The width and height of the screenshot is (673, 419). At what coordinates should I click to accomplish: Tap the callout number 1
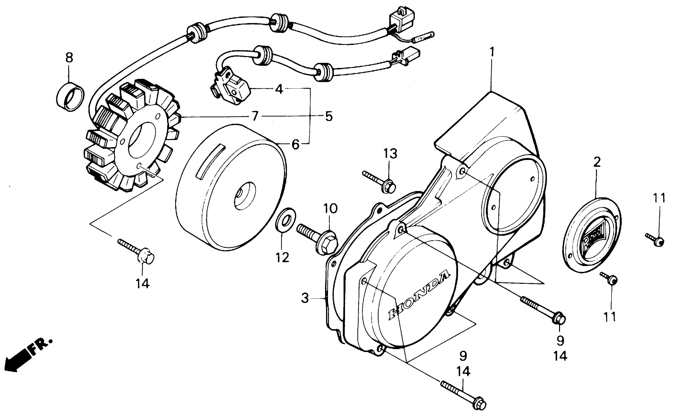pyautogui.click(x=492, y=52)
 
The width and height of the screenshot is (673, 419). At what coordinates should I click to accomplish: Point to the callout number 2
pyautogui.click(x=597, y=162)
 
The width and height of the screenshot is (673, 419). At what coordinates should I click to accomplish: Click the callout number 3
pyautogui.click(x=305, y=298)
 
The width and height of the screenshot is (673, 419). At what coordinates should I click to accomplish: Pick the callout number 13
pyautogui.click(x=390, y=154)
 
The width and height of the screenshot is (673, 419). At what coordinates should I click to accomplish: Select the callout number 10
pyautogui.click(x=330, y=209)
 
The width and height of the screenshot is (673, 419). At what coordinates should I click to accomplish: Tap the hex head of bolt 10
pyautogui.click(x=327, y=244)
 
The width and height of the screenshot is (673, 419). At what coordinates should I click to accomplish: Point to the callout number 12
pyautogui.click(x=282, y=258)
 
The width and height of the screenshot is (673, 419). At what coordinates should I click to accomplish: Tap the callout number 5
pyautogui.click(x=329, y=117)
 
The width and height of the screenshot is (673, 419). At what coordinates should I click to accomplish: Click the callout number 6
pyautogui.click(x=295, y=144)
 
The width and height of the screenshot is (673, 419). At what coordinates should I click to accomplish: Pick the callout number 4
pyautogui.click(x=279, y=89)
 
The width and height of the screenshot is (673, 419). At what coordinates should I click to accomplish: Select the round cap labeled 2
pyautogui.click(x=592, y=236)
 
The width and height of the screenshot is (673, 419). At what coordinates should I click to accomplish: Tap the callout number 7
pyautogui.click(x=255, y=116)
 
